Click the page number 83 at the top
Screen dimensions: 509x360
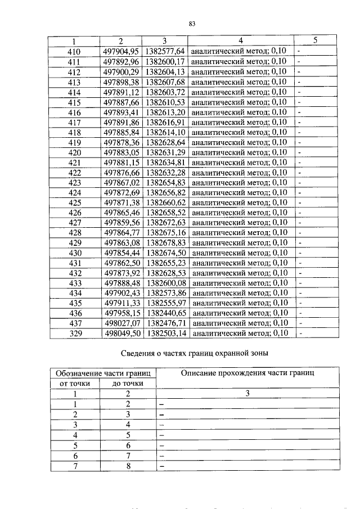192,24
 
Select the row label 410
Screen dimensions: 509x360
74,51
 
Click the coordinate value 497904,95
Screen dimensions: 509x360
121,51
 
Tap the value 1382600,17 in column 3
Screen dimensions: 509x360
165,61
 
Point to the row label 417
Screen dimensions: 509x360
74,122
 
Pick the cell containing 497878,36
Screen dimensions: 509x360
121,142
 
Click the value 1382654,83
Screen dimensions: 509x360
165,183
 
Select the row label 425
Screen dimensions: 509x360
74,203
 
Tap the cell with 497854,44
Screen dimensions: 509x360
121,253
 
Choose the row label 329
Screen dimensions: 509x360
74,333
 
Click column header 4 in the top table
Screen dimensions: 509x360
240,40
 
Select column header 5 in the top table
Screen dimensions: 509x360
315,40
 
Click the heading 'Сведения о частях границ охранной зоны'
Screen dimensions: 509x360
195,353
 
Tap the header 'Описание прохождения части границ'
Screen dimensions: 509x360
247,373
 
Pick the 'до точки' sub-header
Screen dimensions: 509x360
128,384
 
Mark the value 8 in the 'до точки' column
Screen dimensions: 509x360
128,466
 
